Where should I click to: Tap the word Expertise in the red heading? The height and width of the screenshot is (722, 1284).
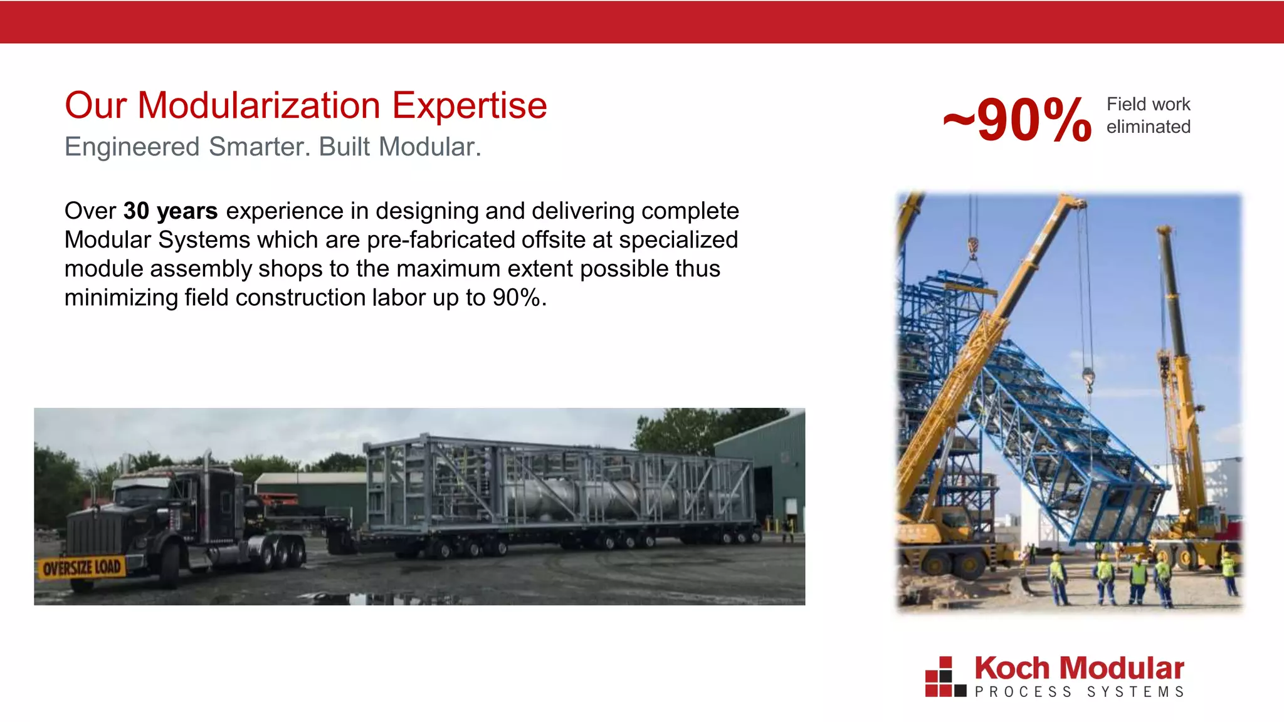[469, 106]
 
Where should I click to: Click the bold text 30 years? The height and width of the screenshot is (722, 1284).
[171, 211]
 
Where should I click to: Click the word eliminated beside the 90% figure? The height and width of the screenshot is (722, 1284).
[1148, 127]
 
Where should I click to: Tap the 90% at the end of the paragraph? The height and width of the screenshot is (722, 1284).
[517, 298]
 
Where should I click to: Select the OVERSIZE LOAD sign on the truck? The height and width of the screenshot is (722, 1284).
[82, 568]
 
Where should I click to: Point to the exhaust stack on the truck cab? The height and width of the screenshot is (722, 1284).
[207, 476]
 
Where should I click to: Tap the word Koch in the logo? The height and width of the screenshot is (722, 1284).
[1011, 668]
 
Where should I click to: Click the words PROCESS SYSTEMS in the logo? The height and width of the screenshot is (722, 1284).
[1079, 692]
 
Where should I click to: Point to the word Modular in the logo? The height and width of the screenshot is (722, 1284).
[1122, 668]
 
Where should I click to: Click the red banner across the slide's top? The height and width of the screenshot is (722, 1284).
[642, 22]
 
